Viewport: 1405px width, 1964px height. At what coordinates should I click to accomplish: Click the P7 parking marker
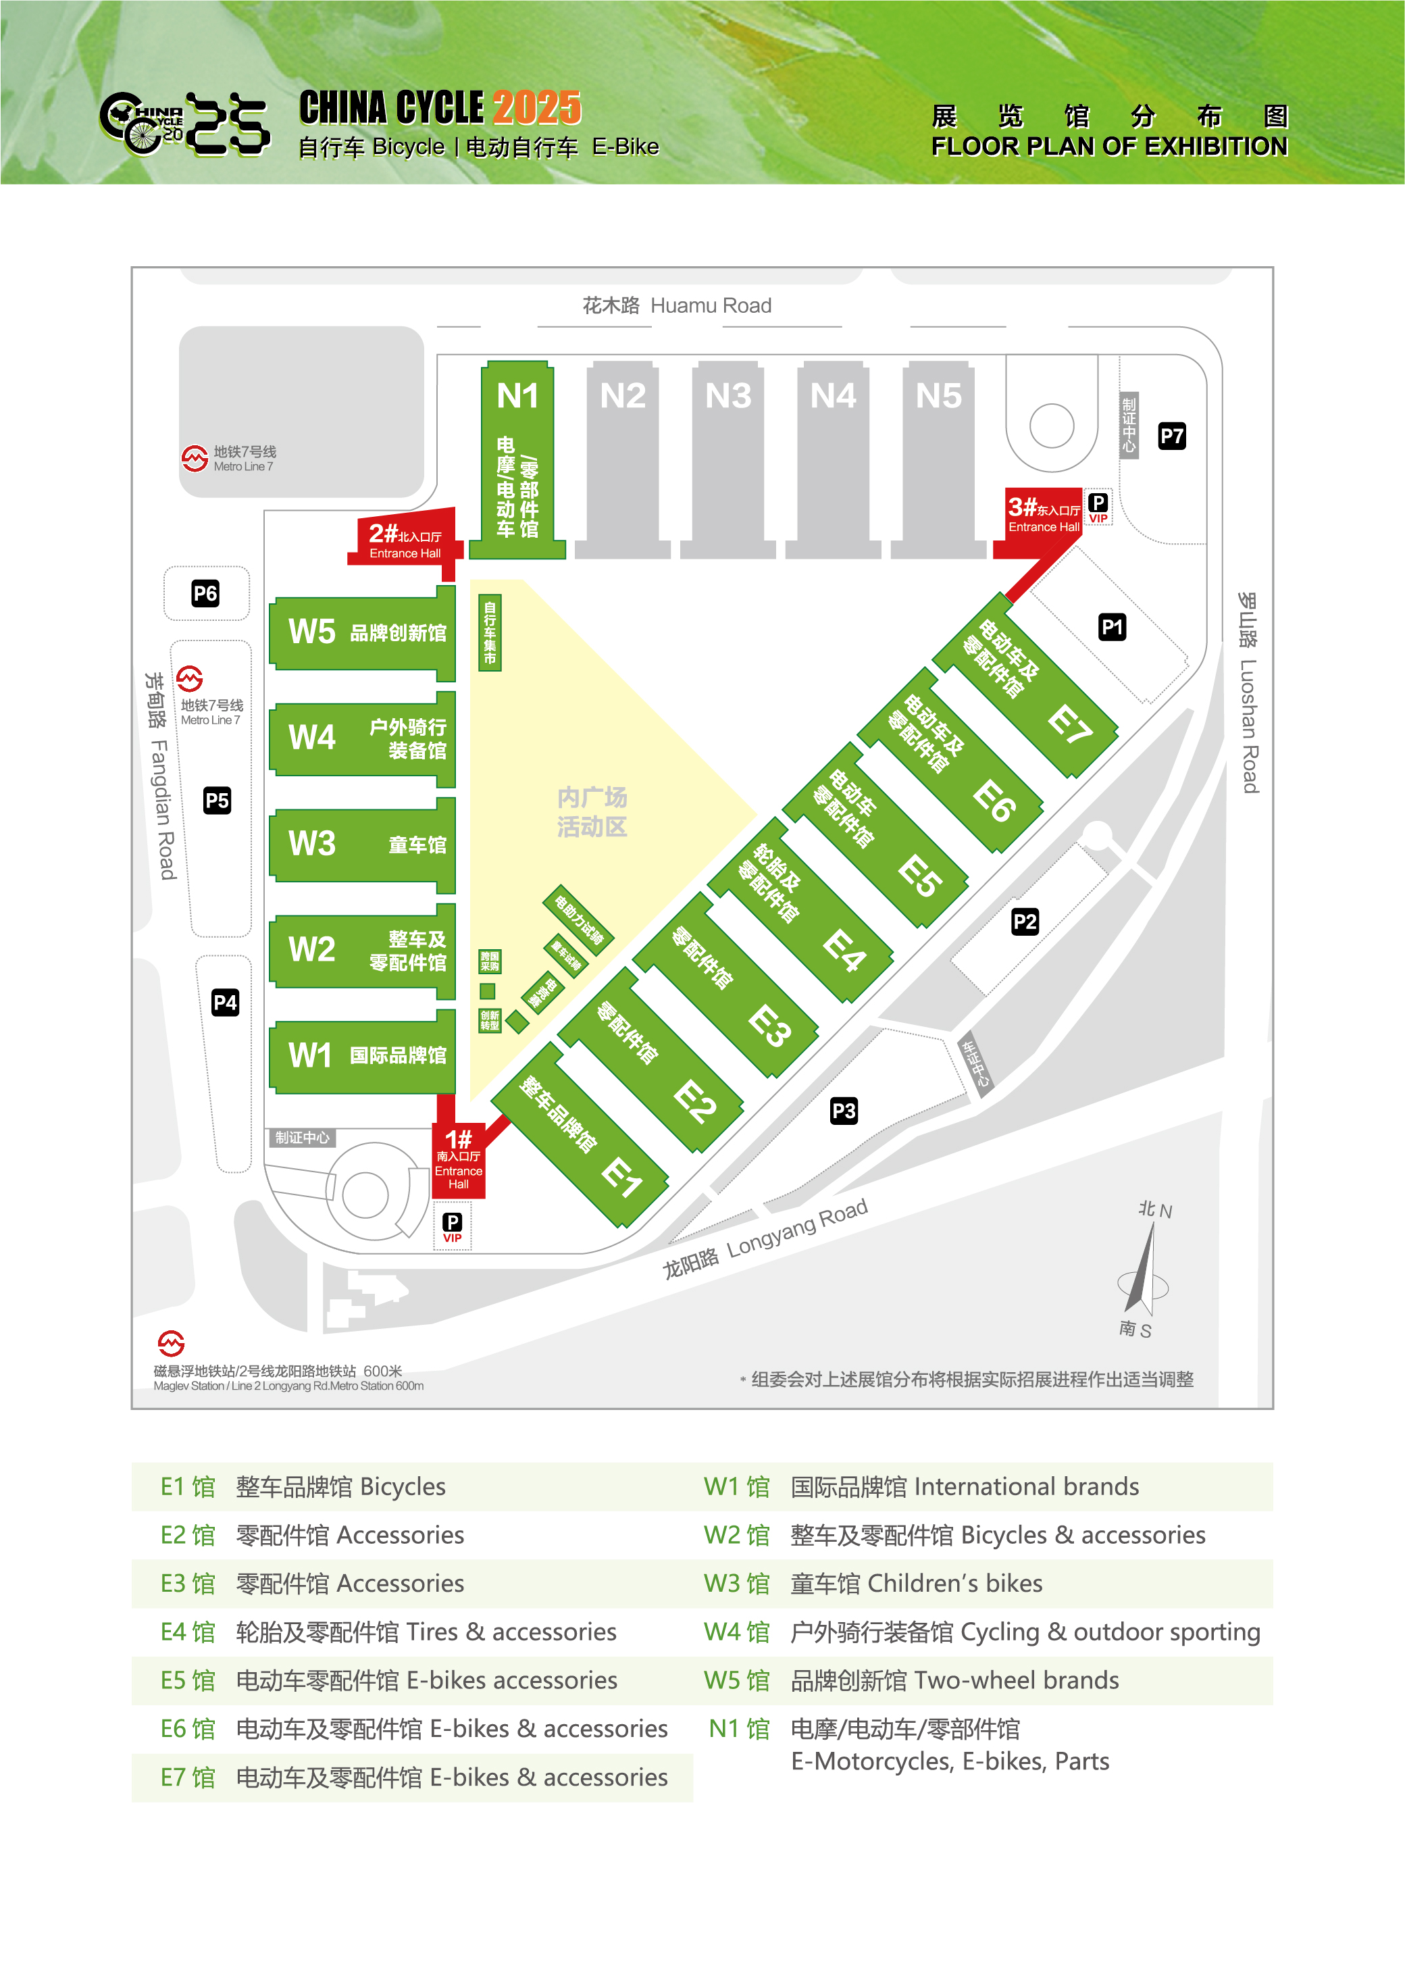[x=1171, y=436]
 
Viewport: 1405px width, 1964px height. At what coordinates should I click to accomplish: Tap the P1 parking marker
[x=1112, y=627]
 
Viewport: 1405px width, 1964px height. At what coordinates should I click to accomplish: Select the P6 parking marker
[x=205, y=594]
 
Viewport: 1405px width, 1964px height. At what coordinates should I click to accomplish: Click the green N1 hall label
[x=517, y=397]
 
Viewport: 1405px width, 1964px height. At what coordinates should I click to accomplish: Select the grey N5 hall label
[x=939, y=397]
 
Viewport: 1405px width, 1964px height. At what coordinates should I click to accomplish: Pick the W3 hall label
[x=311, y=844]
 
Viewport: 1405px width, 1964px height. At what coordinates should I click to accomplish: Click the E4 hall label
[x=844, y=952]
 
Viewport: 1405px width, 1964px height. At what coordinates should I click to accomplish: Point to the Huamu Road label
[x=677, y=305]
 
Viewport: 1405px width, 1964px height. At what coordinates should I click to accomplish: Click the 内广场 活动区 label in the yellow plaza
[x=592, y=811]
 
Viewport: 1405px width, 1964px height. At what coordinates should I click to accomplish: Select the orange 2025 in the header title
[x=537, y=108]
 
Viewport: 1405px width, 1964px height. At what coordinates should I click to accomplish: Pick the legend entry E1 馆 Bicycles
[x=303, y=1486]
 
